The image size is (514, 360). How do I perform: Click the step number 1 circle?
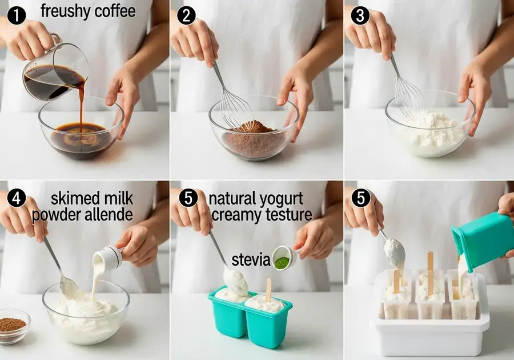16,15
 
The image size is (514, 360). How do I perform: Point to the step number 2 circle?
187,15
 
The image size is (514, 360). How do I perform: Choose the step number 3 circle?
360,15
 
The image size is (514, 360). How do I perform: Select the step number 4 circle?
16,198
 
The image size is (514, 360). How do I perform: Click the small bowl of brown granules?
13,326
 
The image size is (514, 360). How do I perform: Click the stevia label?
251,260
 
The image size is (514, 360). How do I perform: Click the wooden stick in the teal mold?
268,289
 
